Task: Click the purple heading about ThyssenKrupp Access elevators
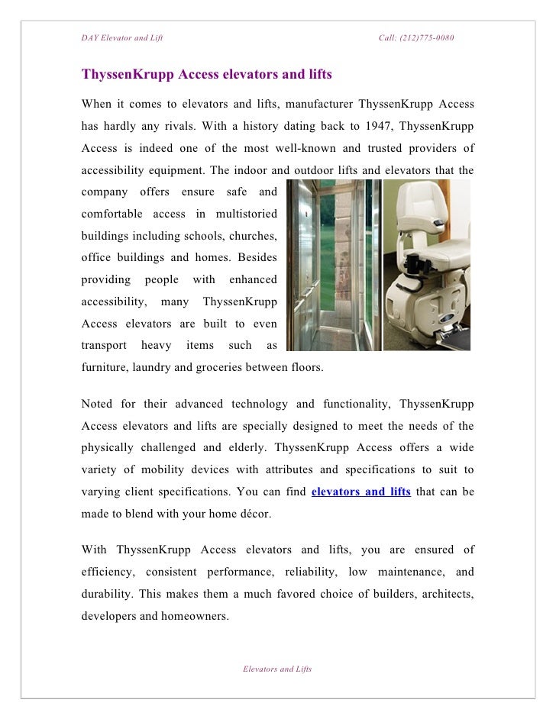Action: pos(206,76)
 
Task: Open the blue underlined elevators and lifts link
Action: pos(361,492)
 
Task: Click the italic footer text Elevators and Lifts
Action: pos(277,669)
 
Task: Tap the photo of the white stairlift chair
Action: pos(428,265)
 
